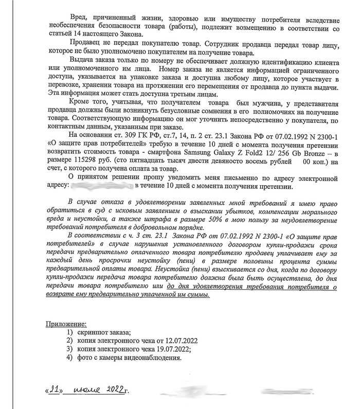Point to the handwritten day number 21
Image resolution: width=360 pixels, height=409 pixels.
coord(54,392)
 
